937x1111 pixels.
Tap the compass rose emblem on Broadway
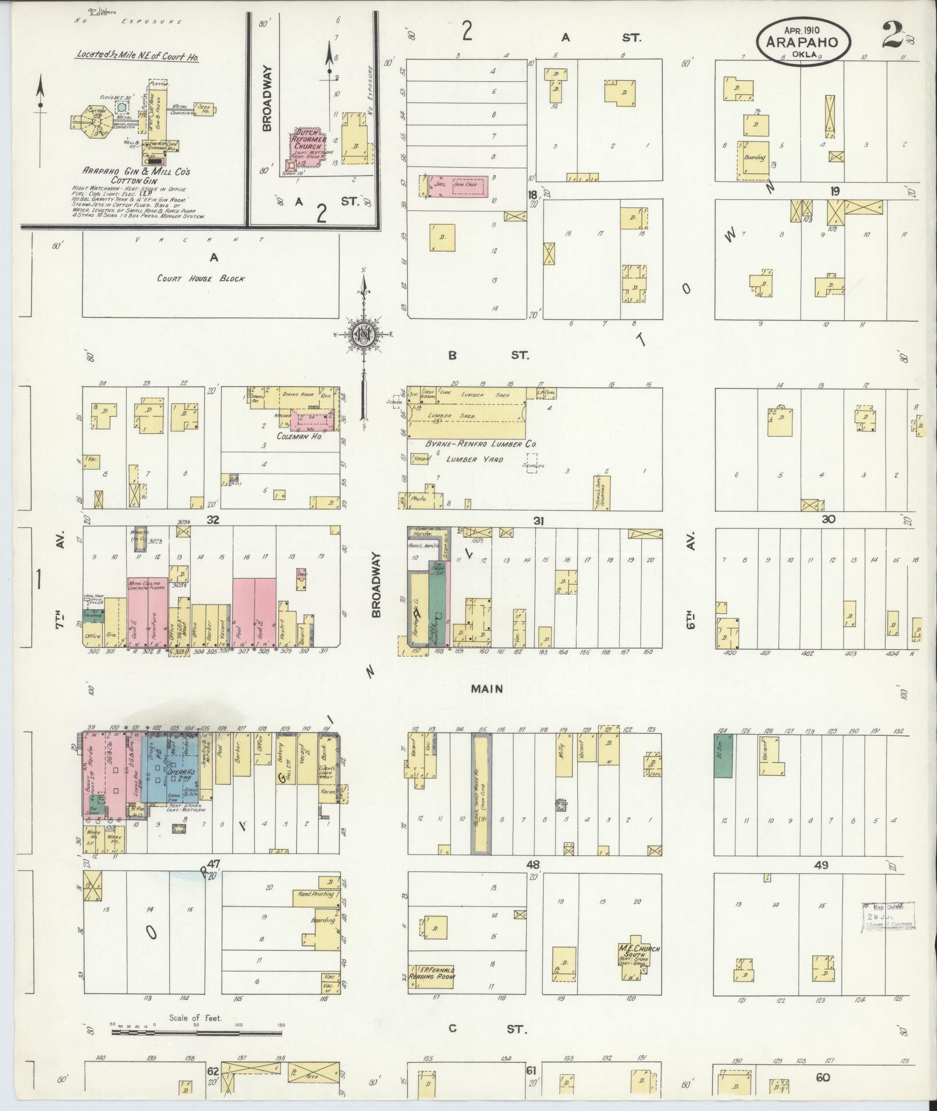(x=362, y=335)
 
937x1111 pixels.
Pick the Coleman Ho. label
(x=299, y=436)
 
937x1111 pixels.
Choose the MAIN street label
(x=486, y=689)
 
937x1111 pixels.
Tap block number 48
(x=533, y=864)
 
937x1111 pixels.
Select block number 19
(x=835, y=191)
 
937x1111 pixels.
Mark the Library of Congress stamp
(x=886, y=915)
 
